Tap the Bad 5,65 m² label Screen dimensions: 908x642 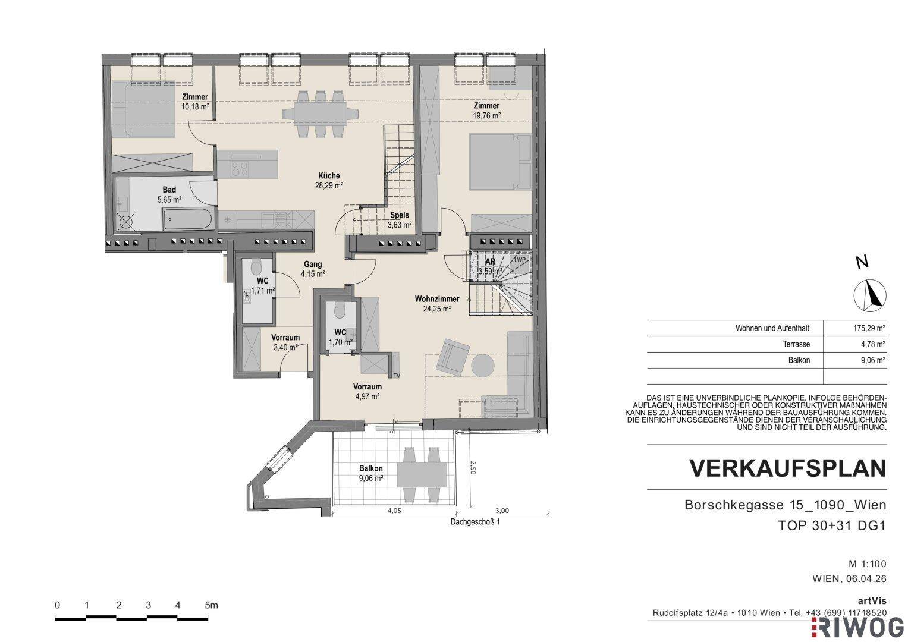(169, 194)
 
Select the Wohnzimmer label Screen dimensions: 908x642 (437, 298)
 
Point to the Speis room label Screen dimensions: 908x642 (399, 215)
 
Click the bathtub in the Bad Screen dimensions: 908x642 (187, 219)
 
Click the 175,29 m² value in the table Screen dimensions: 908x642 (869, 328)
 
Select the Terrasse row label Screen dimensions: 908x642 (796, 344)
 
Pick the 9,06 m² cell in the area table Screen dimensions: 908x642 (873, 360)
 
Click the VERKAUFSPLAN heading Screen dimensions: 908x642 (788, 468)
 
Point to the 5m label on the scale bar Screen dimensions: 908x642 (211, 605)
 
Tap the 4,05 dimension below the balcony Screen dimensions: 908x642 (394, 511)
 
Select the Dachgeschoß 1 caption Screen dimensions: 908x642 (475, 522)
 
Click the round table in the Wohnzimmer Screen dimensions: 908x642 (483, 366)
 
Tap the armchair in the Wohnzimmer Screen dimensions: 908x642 (453, 357)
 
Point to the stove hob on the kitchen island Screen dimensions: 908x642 (239, 169)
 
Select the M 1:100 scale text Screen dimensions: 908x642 (868, 564)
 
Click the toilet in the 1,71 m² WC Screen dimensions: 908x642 (256, 268)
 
